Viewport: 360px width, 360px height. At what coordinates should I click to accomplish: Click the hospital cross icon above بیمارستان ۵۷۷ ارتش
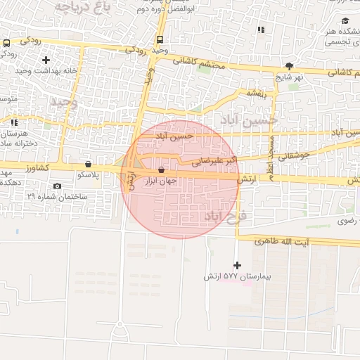click(x=236, y=265)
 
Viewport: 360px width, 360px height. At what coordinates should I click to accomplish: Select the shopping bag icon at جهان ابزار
click(x=162, y=169)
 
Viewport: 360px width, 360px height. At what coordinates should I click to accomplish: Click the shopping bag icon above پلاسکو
click(x=88, y=162)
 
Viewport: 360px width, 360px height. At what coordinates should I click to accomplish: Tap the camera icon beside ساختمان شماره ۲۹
click(x=57, y=186)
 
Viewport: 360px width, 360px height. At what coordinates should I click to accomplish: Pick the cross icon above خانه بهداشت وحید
click(x=46, y=60)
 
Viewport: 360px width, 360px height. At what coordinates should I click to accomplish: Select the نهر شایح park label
click(x=288, y=76)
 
